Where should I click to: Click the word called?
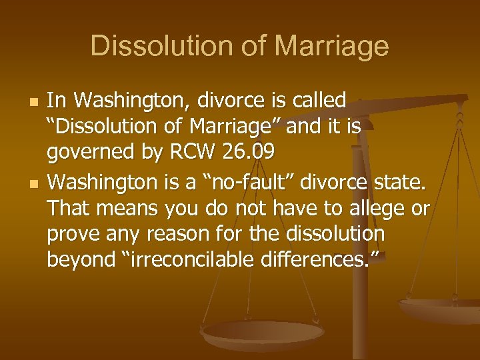(x=319, y=101)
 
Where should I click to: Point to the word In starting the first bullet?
(x=57, y=101)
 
